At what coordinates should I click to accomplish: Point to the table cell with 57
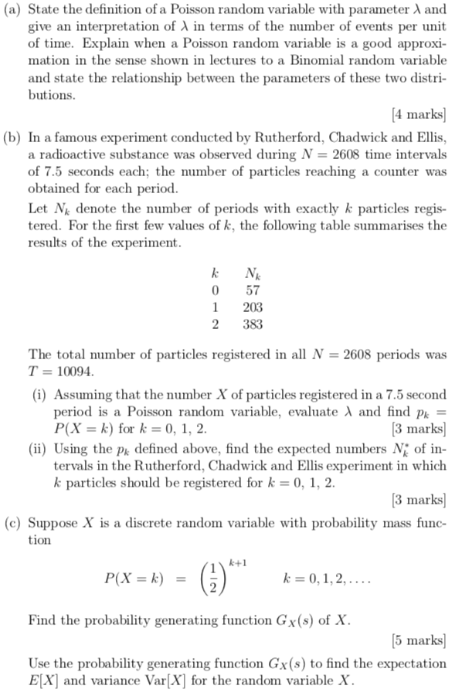[252, 290]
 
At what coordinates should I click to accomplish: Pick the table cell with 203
[252, 307]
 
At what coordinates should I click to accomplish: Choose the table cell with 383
[252, 324]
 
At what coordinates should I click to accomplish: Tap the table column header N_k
[252, 273]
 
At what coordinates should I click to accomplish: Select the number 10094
[74, 372]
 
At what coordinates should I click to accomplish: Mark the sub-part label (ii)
[39, 449]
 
